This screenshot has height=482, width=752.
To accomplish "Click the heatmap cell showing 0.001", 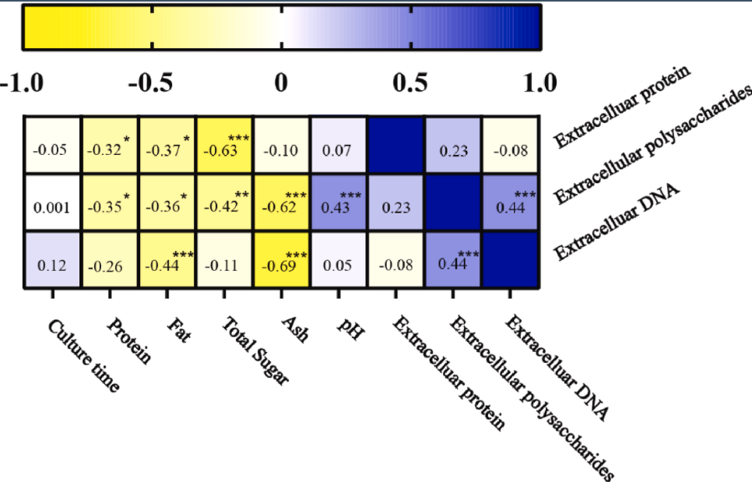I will tap(52, 204).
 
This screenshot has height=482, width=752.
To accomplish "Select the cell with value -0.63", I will tap(225, 146).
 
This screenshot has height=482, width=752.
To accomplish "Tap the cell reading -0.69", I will tap(282, 262).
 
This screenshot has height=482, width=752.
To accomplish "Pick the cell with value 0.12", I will tap(52, 262).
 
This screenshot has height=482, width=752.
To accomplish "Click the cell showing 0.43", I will tap(339, 204).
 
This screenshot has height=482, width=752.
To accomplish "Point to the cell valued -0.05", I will tap(52, 146).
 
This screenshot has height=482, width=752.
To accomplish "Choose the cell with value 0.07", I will tap(339, 146).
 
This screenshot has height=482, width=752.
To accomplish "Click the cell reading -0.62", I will tap(282, 204).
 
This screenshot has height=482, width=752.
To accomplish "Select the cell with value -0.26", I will tap(110, 262).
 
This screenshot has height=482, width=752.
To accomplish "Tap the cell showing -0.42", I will tap(225, 204).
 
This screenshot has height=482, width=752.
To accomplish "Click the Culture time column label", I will tap(83, 354).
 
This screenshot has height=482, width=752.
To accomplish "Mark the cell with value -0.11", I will tap(225, 262).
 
